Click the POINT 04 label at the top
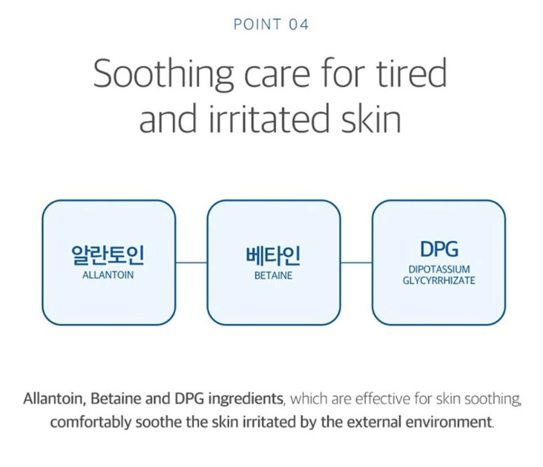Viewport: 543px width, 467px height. pos(271,25)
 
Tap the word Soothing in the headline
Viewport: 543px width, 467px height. pos(163,74)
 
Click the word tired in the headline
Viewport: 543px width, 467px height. pos(411,73)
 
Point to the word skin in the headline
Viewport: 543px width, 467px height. pos(371,118)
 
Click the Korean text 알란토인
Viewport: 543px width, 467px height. pos(108,255)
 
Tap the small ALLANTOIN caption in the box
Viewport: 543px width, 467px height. pos(108,275)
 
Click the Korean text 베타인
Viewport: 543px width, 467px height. pos(273,255)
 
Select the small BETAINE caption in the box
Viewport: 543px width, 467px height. pos(273,276)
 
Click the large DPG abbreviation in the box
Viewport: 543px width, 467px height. pos(439,249)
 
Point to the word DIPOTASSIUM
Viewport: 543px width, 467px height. pos(439,269)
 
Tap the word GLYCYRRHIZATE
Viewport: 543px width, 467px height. pos(439,280)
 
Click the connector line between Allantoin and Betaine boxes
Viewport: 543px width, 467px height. pos(192,263)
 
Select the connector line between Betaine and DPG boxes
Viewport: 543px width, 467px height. pos(357,263)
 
